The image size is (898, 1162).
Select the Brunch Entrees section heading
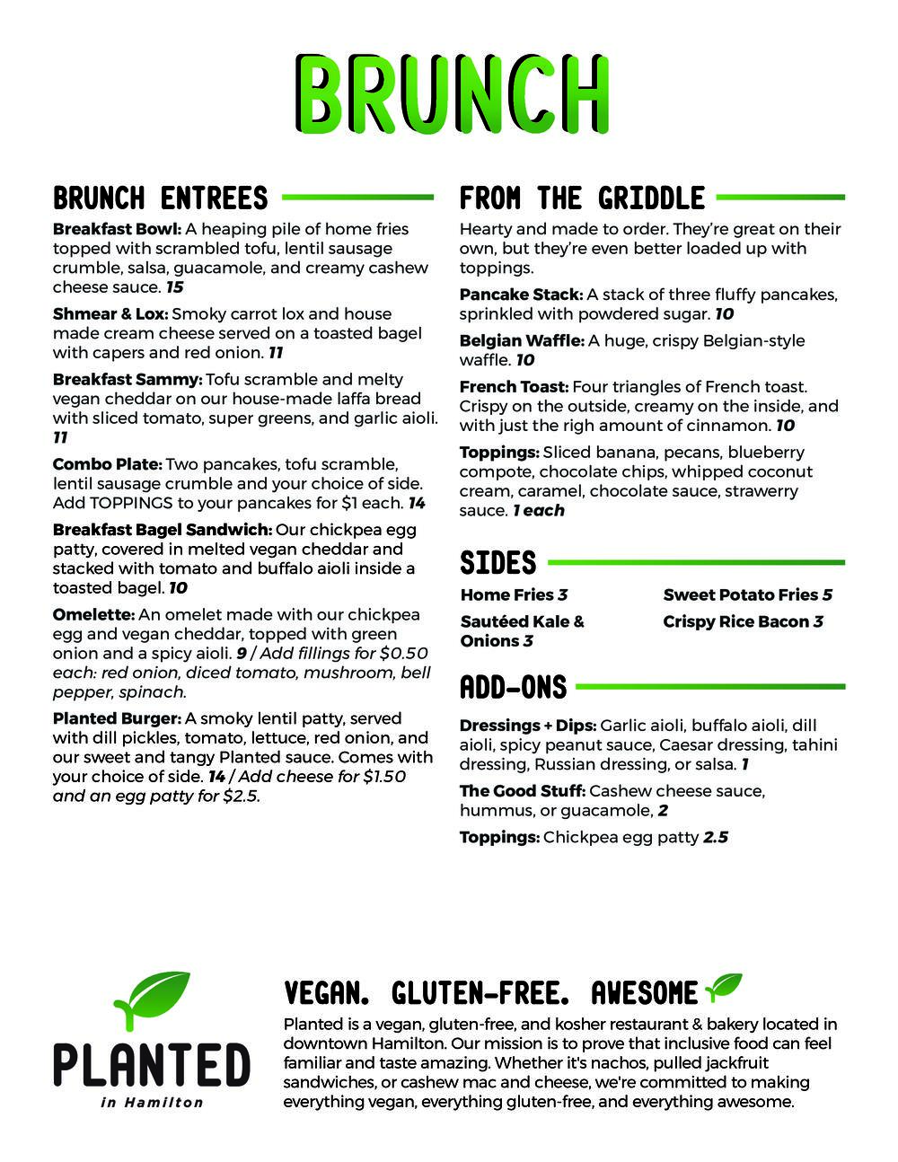(161, 198)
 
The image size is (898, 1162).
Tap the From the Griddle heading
(582, 198)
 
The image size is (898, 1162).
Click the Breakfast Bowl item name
(118, 229)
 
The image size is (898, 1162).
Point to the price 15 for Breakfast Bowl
(175, 287)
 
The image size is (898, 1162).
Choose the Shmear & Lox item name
(110, 313)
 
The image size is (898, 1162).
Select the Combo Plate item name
(107, 464)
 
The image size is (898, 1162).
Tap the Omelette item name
(93, 615)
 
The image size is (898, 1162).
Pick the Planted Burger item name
(118, 718)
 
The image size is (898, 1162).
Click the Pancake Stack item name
(521, 295)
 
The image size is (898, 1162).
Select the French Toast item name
(514, 387)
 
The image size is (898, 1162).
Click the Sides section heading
(497, 563)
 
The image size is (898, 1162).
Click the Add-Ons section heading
(513, 688)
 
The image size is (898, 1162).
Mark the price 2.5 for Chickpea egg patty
(716, 837)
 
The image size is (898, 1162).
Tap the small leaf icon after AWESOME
(724, 987)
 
